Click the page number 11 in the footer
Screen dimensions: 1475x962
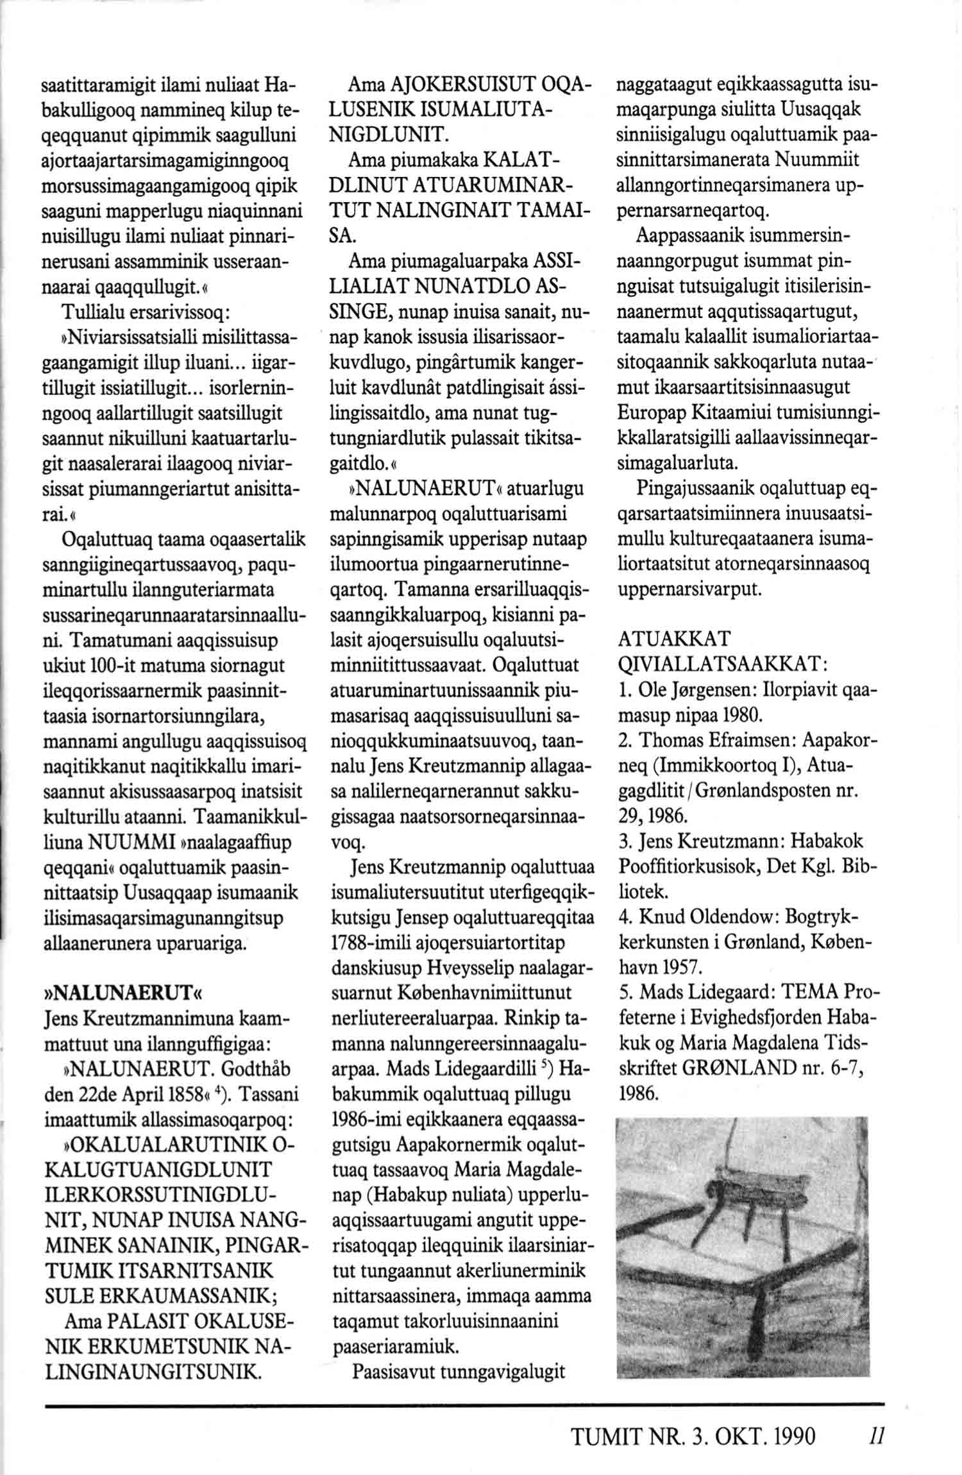point(879,1437)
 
